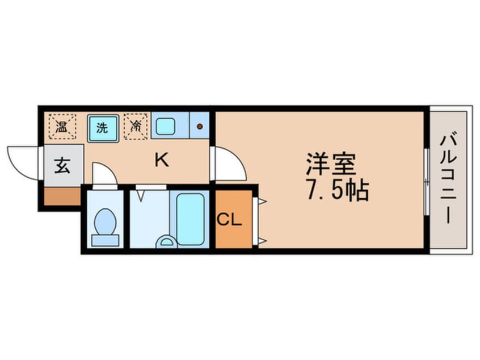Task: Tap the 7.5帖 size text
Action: tap(338, 191)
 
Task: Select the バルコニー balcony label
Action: tap(448, 179)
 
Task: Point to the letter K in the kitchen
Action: tap(162, 161)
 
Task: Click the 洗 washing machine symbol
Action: tap(102, 128)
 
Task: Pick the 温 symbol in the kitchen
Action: tap(61, 127)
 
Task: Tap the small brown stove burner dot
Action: tap(200, 126)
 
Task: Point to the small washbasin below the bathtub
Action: tap(166, 242)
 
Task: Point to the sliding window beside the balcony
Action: tap(426, 181)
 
